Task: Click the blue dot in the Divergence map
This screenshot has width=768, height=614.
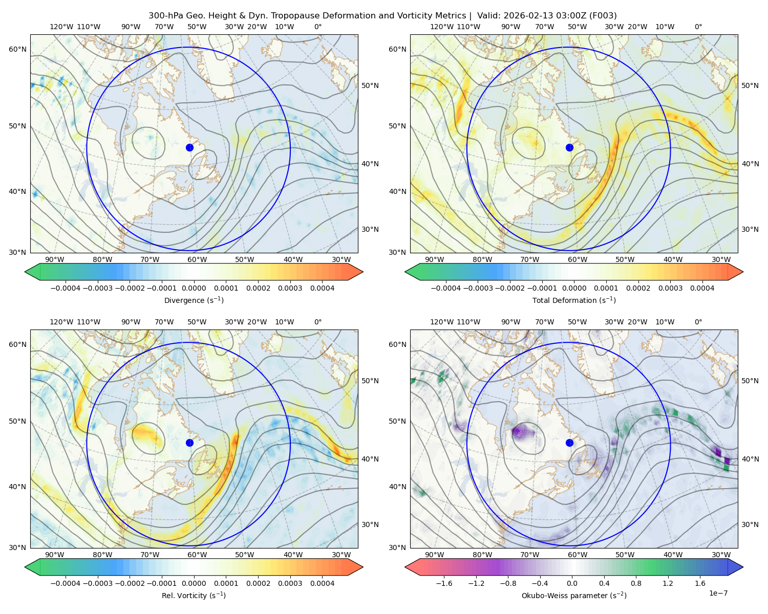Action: click(189, 147)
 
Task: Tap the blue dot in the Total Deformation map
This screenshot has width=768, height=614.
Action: click(569, 147)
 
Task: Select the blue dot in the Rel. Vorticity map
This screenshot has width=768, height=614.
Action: click(189, 443)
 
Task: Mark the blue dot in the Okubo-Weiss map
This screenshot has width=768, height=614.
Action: click(569, 443)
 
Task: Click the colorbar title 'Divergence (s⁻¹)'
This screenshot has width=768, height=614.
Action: click(194, 300)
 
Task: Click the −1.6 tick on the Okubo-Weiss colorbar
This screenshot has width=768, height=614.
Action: click(444, 583)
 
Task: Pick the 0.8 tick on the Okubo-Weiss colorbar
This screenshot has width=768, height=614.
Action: click(636, 583)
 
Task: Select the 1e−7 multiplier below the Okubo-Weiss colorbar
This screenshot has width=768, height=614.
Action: click(718, 593)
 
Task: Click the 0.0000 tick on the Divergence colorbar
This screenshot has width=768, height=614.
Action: click(194, 288)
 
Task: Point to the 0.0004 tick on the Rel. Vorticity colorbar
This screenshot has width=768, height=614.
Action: click(322, 583)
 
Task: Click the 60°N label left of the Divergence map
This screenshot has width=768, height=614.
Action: click(17, 49)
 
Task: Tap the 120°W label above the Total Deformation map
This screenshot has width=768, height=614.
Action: click(442, 27)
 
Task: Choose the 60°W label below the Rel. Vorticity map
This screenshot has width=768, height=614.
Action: click(197, 555)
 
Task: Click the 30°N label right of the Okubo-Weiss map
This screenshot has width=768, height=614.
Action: click(750, 524)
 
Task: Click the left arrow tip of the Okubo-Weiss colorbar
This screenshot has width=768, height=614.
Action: click(406, 566)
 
